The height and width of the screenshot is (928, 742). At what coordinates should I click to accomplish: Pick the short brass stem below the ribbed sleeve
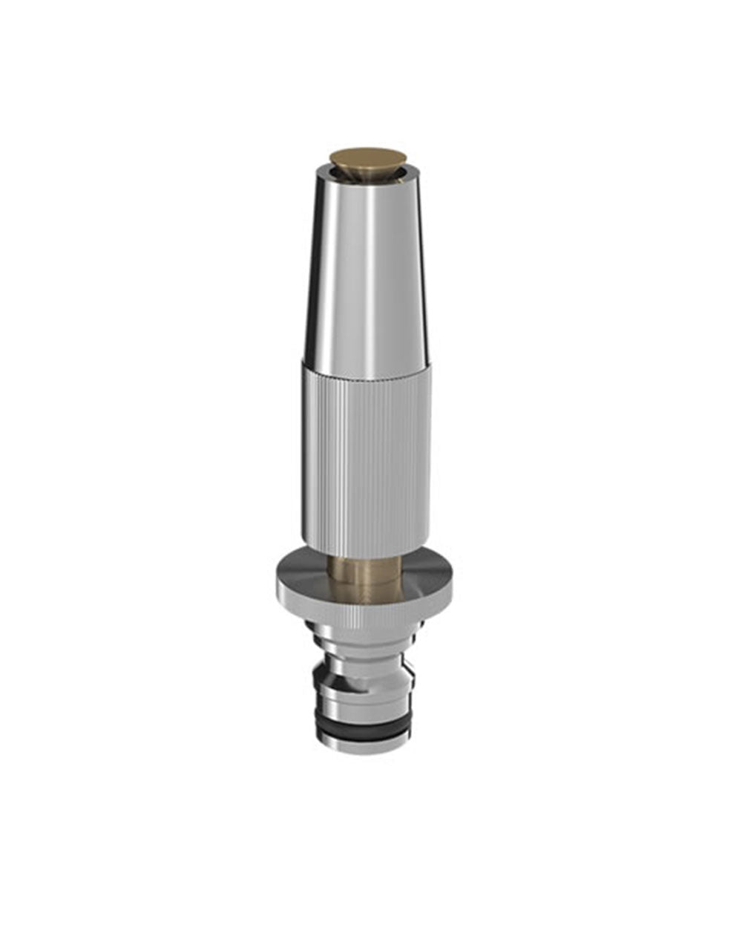click(364, 579)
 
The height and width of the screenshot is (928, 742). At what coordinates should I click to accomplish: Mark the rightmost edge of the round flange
click(451, 586)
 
